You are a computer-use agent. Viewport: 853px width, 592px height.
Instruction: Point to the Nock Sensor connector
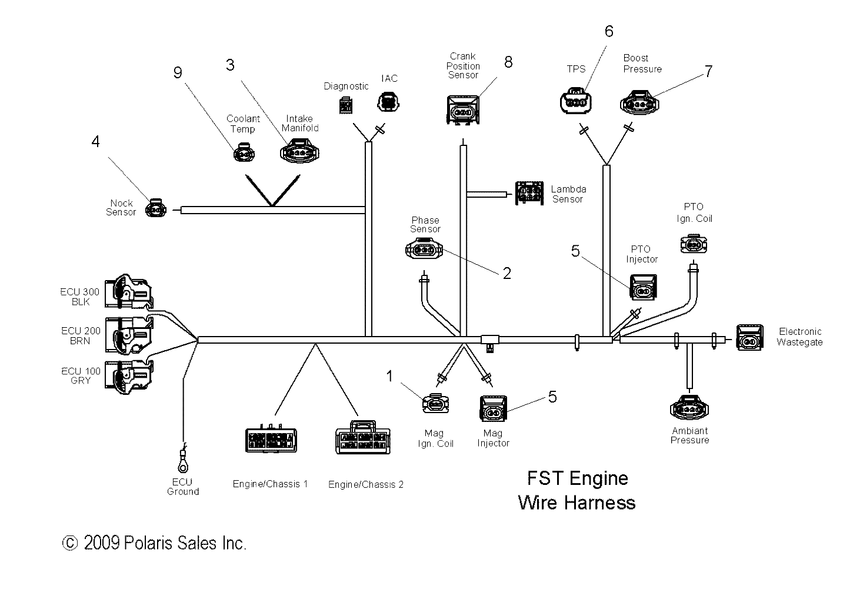[155, 208]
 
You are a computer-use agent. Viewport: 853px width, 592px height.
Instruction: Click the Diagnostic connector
[346, 105]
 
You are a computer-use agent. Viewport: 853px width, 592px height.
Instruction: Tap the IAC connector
[387, 101]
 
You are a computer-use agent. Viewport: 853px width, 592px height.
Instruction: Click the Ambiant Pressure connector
[689, 407]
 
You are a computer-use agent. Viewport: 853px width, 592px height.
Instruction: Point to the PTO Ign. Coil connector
[695, 244]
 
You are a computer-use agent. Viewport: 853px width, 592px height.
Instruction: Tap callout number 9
[177, 72]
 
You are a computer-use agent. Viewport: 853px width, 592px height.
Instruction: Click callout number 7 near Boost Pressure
[708, 71]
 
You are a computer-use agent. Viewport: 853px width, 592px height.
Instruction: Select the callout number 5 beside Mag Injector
[552, 397]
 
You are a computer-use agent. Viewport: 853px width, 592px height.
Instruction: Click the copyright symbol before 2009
[70, 543]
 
